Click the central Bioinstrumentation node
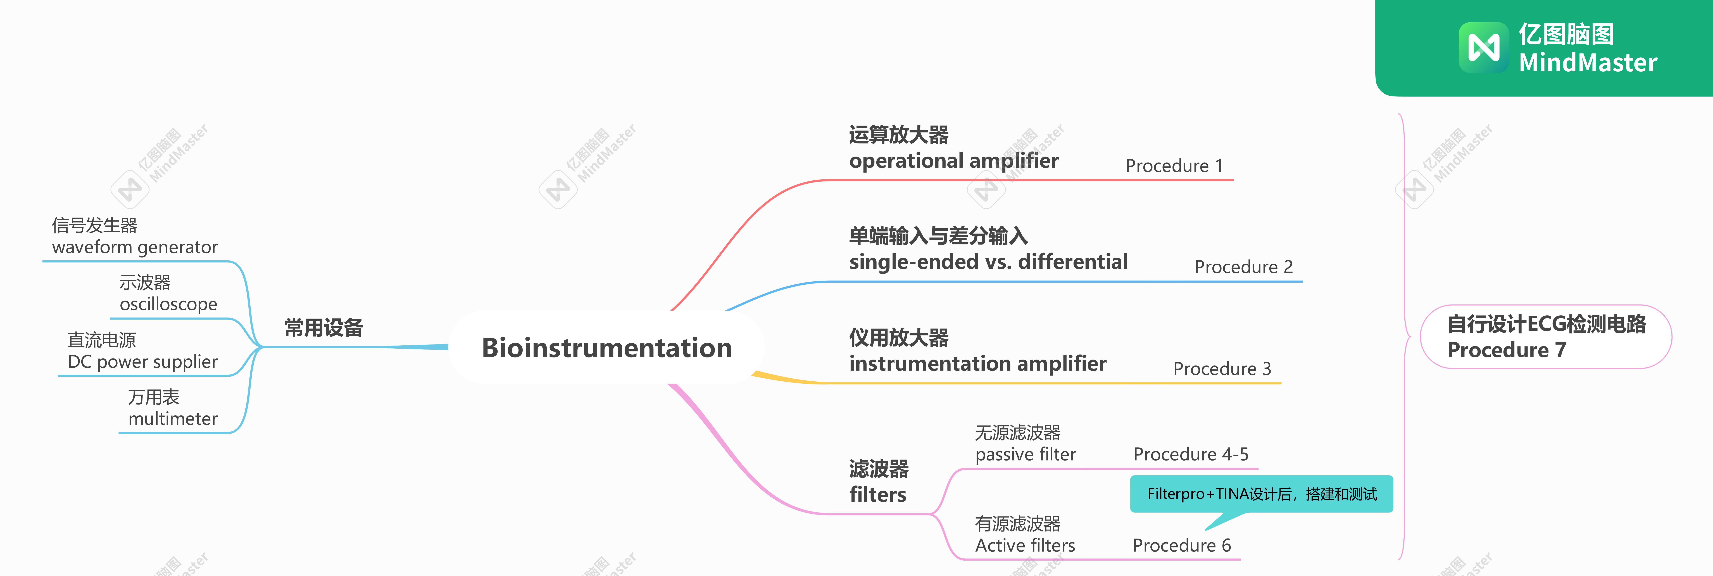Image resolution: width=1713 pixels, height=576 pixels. click(606, 348)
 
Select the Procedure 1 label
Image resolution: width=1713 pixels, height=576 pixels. click(1174, 166)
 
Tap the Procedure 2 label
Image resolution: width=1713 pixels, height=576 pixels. click(1243, 267)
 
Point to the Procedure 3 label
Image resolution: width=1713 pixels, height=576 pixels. click(1222, 369)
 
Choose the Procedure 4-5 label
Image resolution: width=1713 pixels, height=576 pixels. click(1190, 454)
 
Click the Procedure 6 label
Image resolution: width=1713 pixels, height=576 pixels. click(1181, 545)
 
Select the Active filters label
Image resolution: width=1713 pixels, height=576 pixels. click(1025, 545)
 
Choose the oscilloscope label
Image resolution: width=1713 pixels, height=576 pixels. click(168, 304)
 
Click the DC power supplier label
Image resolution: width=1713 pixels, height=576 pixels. click(142, 362)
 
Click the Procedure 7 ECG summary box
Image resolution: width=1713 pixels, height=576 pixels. click(1545, 337)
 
